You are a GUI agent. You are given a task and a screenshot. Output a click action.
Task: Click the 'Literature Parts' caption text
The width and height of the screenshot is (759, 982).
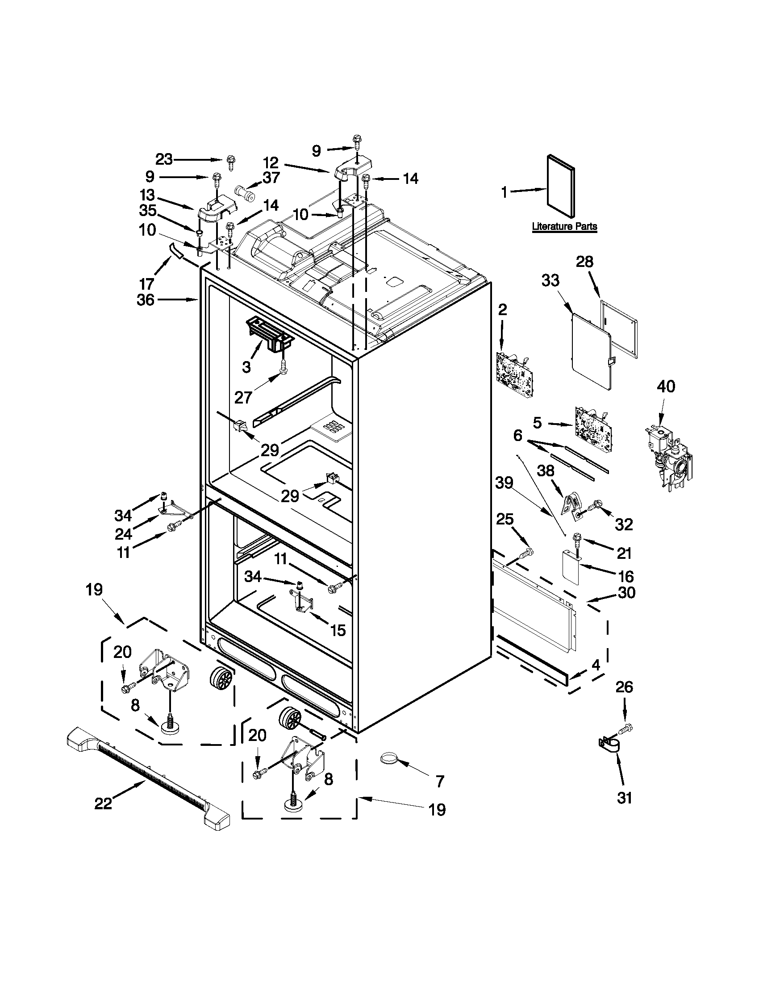point(564,226)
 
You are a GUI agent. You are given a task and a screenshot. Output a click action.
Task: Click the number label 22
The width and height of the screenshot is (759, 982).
point(103,804)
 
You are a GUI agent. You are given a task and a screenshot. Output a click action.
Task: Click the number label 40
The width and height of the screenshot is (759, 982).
point(666,386)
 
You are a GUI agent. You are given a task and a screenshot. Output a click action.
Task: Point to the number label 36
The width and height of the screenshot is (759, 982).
point(146,300)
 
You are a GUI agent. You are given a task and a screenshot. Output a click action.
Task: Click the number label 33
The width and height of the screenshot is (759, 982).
point(550,281)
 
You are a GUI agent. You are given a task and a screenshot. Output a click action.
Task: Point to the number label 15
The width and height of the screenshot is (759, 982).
point(338,630)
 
